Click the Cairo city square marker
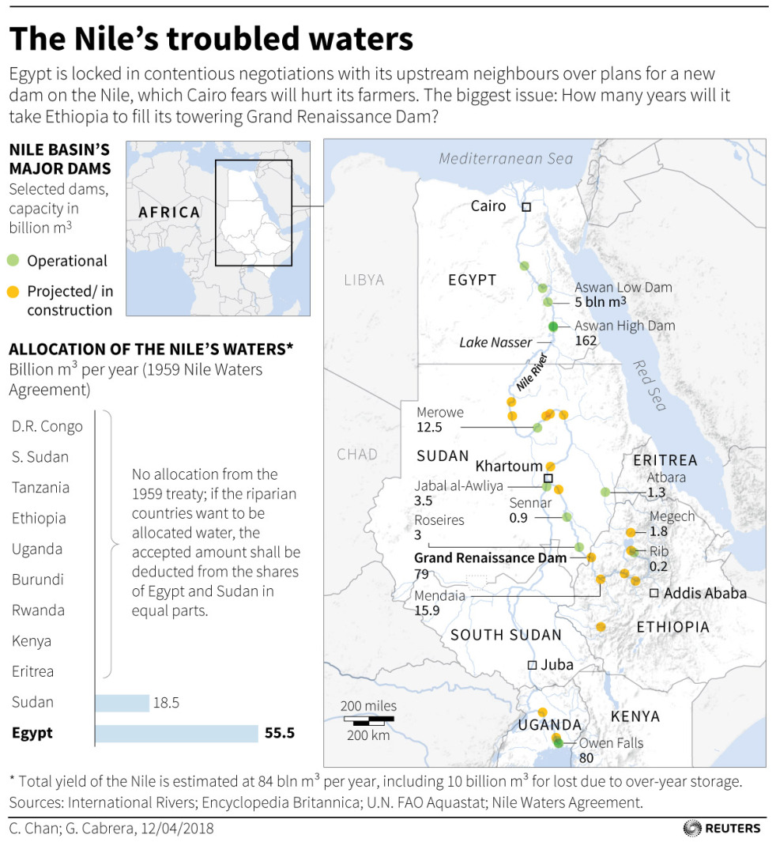coord(526,206)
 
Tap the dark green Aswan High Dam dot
coord(553,327)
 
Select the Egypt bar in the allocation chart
coord(176,733)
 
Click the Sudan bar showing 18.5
coord(122,703)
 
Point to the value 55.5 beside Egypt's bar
coord(280,733)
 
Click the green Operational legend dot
coord(13,261)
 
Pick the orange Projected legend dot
coord(13,292)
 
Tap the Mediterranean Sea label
coord(506,158)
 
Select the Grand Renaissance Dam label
coord(490,557)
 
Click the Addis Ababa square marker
coord(654,592)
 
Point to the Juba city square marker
coord(532,664)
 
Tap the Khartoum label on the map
coord(509,466)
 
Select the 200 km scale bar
coord(368,720)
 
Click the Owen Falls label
coord(611,743)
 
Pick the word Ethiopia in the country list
coord(39,519)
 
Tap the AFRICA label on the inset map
coord(169,212)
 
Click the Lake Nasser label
coord(495,342)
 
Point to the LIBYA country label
coord(364,280)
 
